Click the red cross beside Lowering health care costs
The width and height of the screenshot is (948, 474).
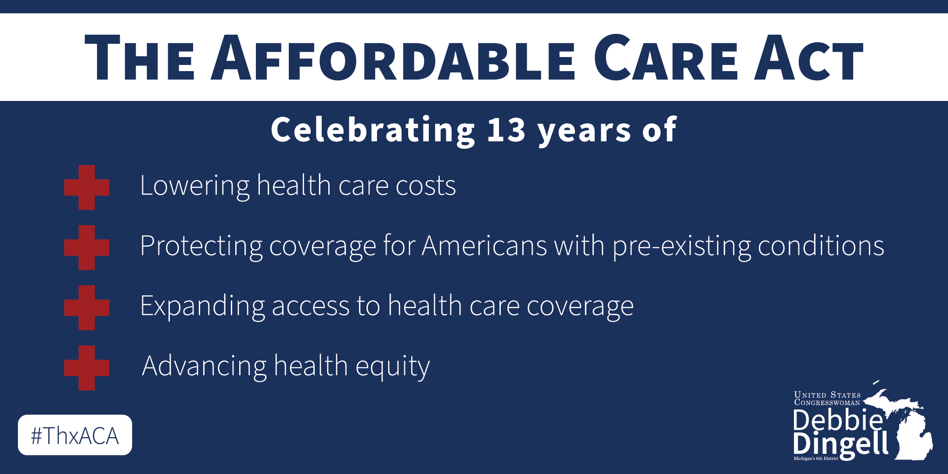click(86, 187)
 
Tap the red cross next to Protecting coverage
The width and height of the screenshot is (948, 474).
click(86, 248)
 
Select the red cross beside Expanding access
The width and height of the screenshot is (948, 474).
click(86, 308)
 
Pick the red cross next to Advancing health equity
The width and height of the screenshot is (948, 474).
click(86, 368)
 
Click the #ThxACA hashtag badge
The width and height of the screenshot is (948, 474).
click(75, 435)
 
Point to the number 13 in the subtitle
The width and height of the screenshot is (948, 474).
click(506, 130)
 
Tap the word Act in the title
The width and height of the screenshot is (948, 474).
click(809, 57)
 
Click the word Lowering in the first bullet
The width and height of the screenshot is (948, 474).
click(194, 186)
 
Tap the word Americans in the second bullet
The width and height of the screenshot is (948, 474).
click(485, 245)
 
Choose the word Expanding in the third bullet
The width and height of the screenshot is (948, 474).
click(202, 306)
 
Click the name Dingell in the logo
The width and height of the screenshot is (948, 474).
click(840, 444)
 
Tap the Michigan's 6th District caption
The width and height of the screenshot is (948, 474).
click(816, 459)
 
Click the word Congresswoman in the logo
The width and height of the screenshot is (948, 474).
click(827, 402)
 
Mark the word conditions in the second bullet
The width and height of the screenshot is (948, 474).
click(821, 245)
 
